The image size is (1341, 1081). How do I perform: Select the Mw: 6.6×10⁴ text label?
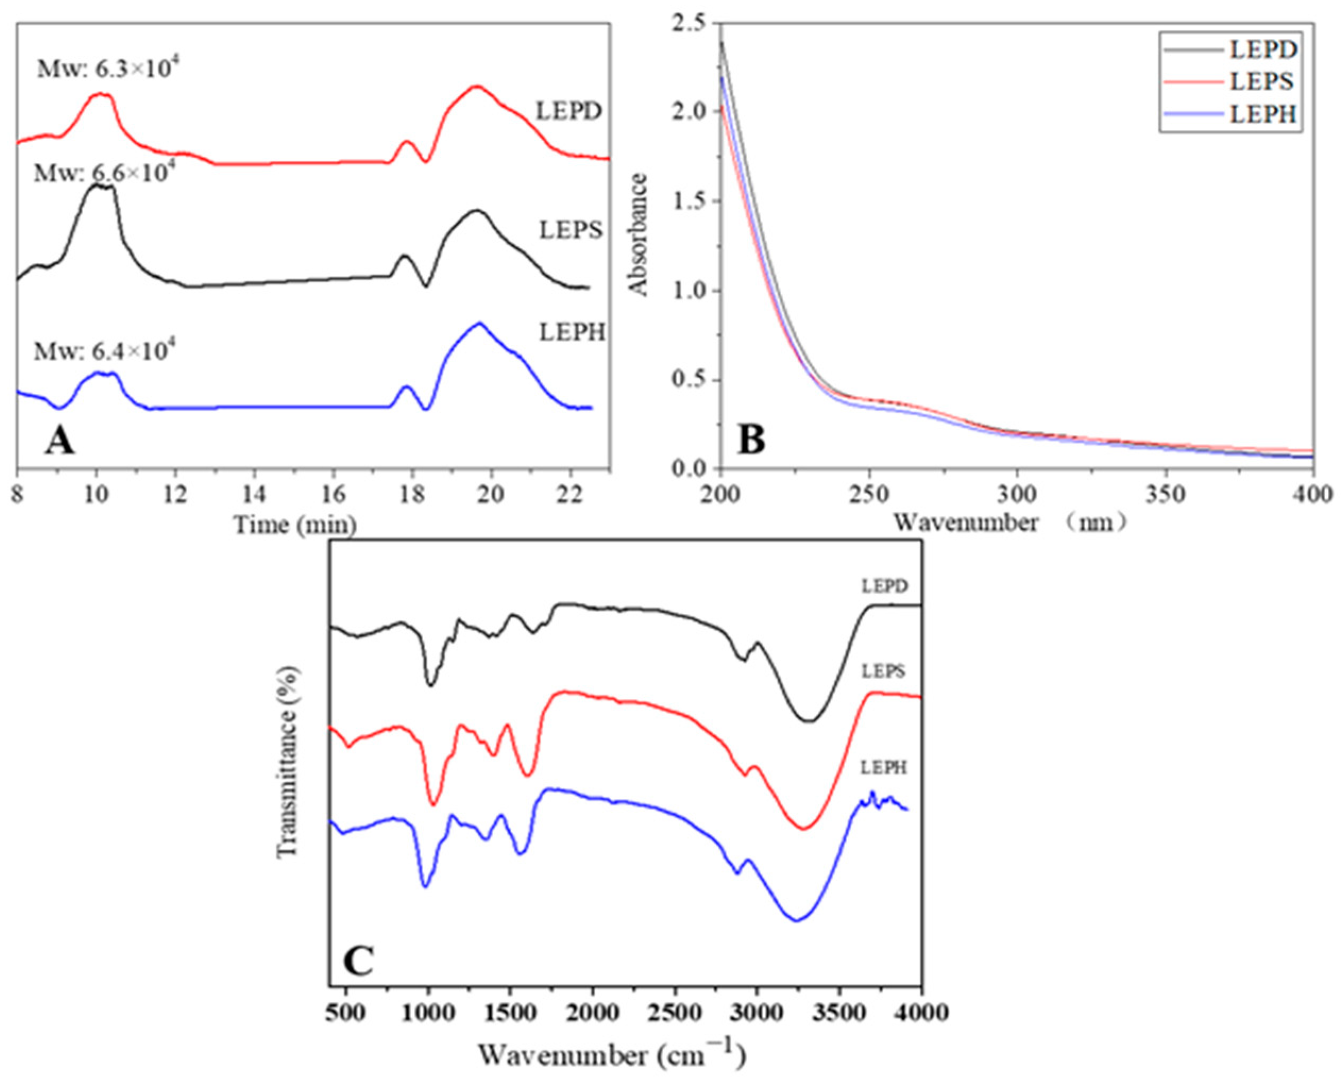point(101,173)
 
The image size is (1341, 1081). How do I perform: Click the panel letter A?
point(60,443)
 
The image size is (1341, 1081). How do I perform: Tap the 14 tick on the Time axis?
point(254,496)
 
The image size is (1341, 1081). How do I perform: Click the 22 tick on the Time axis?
point(570,496)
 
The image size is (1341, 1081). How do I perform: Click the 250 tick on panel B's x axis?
point(869,496)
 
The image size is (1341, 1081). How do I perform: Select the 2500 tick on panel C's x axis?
point(674,1012)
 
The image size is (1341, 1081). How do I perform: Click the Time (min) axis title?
point(295,525)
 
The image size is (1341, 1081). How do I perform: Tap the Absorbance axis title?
point(639,234)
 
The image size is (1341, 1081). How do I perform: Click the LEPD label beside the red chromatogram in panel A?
point(569,111)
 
